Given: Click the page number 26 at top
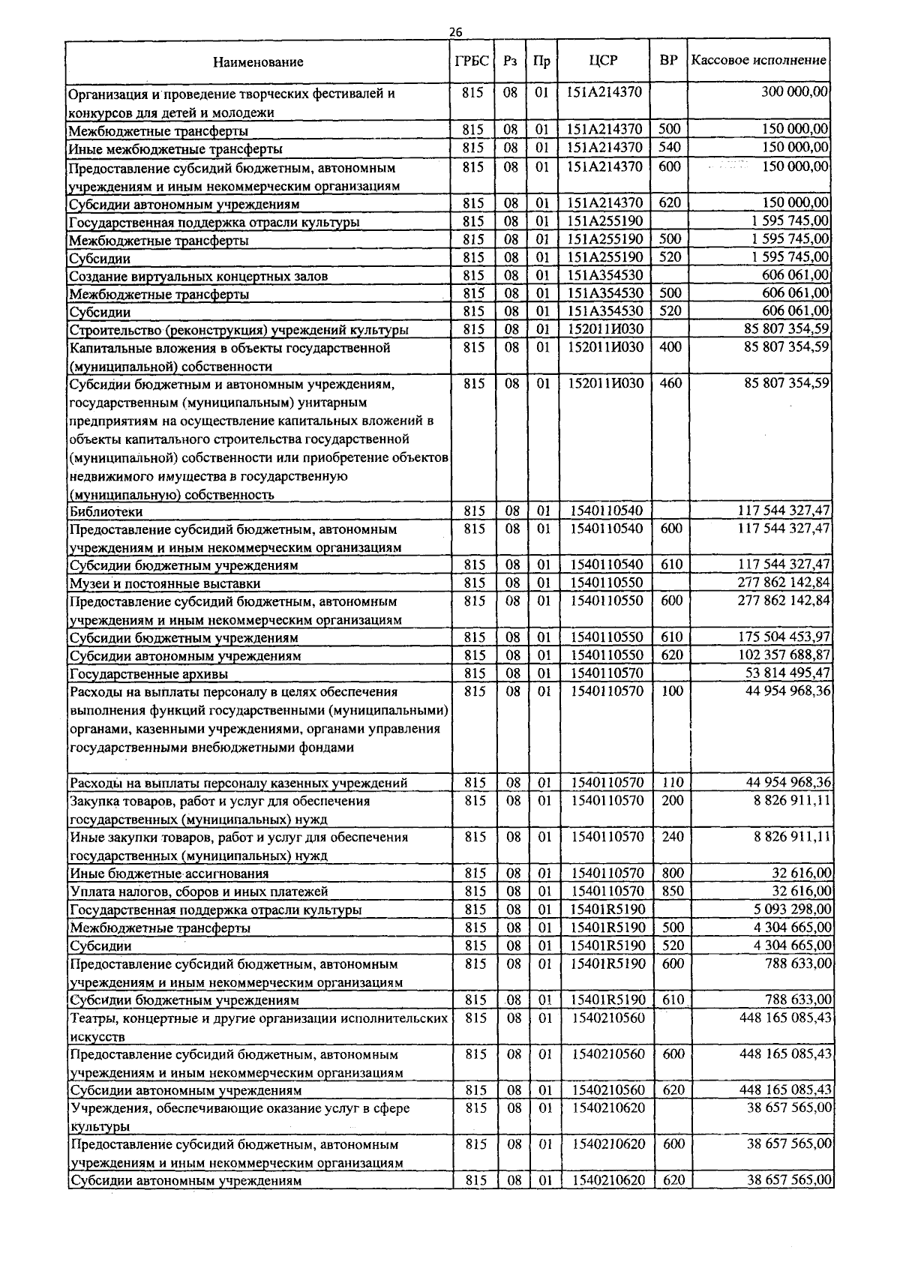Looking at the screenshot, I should [x=455, y=31].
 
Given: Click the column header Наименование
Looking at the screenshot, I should [x=258, y=61].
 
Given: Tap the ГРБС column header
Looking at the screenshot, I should [x=472, y=61].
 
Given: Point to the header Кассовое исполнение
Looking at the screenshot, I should [x=758, y=60].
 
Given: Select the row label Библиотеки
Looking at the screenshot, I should [x=106, y=511].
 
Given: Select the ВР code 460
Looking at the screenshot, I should [x=670, y=383].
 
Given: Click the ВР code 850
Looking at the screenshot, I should [x=673, y=891].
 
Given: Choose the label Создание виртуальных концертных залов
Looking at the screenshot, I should [x=198, y=276].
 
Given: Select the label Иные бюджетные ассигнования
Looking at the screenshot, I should [x=169, y=874].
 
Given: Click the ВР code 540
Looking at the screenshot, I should [x=670, y=147].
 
